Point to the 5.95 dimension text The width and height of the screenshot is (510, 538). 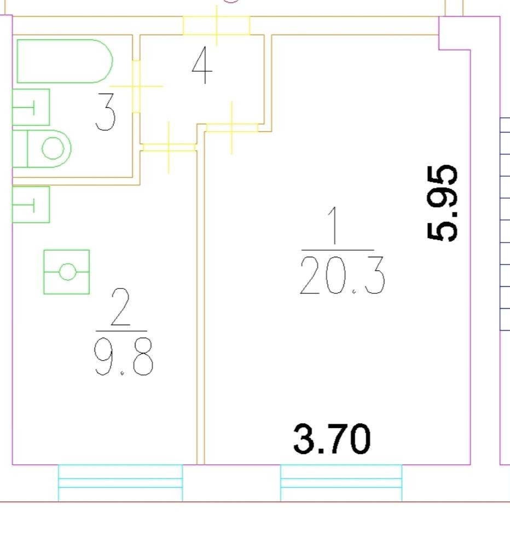(x=442, y=203)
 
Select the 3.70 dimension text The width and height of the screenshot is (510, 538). (x=332, y=439)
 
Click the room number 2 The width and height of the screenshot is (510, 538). (x=120, y=308)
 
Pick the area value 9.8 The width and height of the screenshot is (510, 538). (x=124, y=359)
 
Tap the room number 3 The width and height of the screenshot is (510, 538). (x=106, y=112)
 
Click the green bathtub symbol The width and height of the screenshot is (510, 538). (x=65, y=61)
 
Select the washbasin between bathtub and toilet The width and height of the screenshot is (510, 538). (x=31, y=107)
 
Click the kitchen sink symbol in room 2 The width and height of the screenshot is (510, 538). (x=31, y=204)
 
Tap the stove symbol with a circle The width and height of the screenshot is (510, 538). (x=67, y=271)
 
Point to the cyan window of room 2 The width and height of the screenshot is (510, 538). (x=120, y=482)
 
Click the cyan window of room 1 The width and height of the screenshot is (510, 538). (x=341, y=482)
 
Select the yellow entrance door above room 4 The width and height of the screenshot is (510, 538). (x=216, y=25)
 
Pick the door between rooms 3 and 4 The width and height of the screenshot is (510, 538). (x=136, y=86)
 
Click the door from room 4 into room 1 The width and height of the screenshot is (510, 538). (x=232, y=128)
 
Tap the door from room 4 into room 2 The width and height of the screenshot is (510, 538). (x=169, y=147)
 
